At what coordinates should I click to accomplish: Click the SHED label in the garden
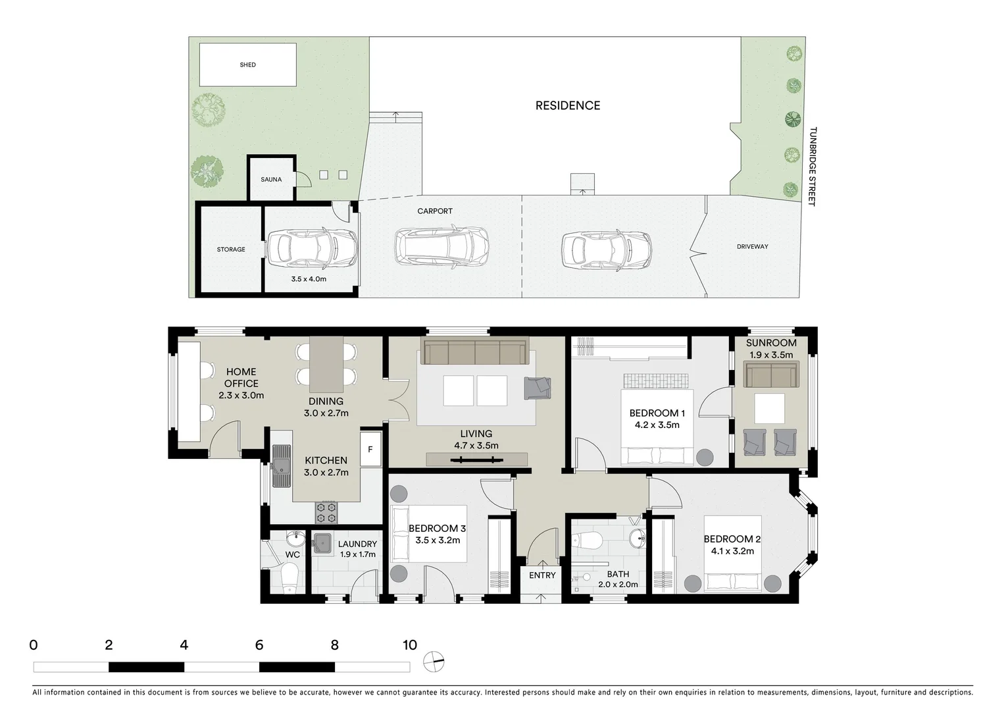pyautogui.click(x=247, y=65)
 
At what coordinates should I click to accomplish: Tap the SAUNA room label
pyautogui.click(x=271, y=179)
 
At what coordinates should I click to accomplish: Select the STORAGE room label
pyautogui.click(x=231, y=250)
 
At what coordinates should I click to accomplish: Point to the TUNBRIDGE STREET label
pyautogui.click(x=812, y=167)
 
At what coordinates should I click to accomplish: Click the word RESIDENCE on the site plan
pyautogui.click(x=567, y=105)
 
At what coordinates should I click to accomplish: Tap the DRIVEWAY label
pyautogui.click(x=752, y=246)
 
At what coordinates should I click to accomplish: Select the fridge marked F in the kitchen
pyautogui.click(x=370, y=449)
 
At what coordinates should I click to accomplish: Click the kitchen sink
pyautogui.click(x=282, y=465)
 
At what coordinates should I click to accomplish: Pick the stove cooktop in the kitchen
pyautogui.click(x=326, y=510)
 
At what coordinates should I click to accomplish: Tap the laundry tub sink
pyautogui.click(x=322, y=542)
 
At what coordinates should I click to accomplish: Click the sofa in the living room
pyautogui.click(x=475, y=352)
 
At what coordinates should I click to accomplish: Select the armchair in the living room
pyautogui.click(x=537, y=388)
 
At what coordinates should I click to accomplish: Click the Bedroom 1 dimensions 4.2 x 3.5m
pyautogui.click(x=657, y=425)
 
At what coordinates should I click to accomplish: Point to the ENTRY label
pyautogui.click(x=542, y=575)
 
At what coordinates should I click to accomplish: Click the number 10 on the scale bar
pyautogui.click(x=409, y=645)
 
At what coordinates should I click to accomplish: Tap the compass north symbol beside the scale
pyautogui.click(x=434, y=662)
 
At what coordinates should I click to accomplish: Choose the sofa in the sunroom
pyautogui.click(x=770, y=375)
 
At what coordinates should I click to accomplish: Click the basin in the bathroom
pyautogui.click(x=638, y=539)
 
